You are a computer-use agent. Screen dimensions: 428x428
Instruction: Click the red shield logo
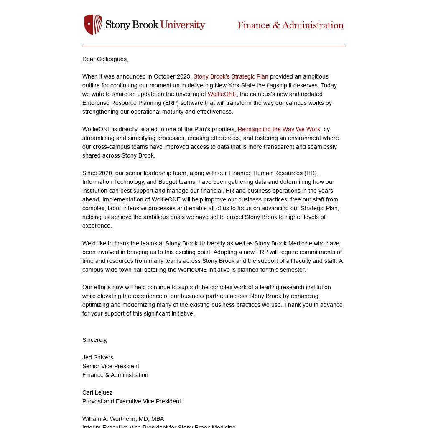tap(93, 25)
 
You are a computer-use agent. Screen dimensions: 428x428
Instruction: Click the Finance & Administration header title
tap(290, 25)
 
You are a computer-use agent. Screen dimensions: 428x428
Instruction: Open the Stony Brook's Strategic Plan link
tap(231, 76)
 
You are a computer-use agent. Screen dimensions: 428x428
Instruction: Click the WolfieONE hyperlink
tap(222, 94)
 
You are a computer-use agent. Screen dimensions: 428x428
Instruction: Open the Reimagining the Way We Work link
tap(279, 129)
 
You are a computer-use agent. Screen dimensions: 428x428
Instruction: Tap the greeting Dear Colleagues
tap(105, 59)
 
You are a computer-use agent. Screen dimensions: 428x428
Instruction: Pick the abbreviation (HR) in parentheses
tap(311, 173)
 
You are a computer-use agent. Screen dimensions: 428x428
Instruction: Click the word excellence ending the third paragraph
tap(97, 226)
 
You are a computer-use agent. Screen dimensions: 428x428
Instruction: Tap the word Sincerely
tap(94, 340)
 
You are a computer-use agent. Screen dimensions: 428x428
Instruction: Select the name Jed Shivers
tap(97, 357)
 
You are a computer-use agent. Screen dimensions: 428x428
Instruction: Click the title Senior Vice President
tap(110, 366)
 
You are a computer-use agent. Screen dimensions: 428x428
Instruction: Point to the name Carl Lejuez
tap(97, 392)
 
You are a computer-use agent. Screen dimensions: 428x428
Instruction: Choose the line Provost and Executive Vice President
tap(131, 401)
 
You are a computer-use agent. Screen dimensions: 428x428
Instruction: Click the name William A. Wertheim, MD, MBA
tap(123, 419)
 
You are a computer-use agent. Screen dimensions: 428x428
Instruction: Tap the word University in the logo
tap(183, 25)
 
